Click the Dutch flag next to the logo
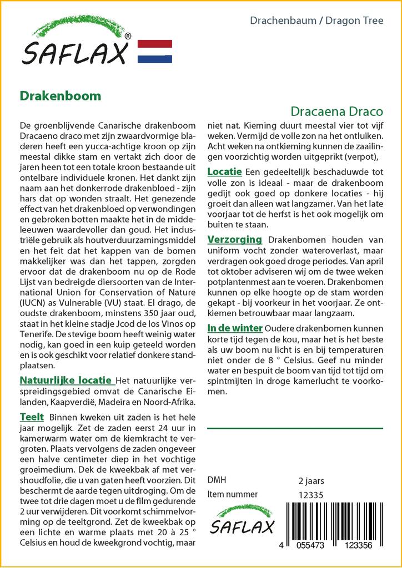pyautogui.click(x=154, y=52)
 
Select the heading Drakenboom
pyautogui.click(x=61, y=95)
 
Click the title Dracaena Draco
pyautogui.click(x=336, y=110)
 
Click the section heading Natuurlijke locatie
pyautogui.click(x=66, y=381)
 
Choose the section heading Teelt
pyautogui.click(x=32, y=417)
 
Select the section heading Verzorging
pyautogui.click(x=234, y=240)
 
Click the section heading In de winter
pyautogui.click(x=235, y=327)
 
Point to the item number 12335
pyautogui.click(x=311, y=495)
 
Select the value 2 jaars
pyautogui.click(x=311, y=481)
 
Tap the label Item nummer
pyautogui.click(x=232, y=494)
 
